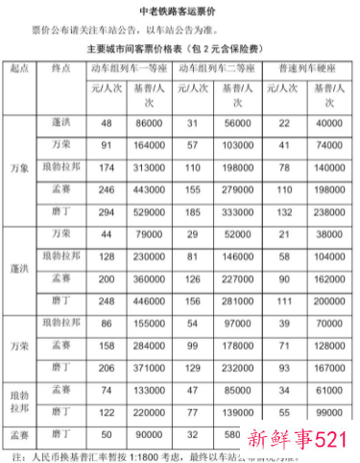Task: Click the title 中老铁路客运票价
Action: (x=180, y=12)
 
